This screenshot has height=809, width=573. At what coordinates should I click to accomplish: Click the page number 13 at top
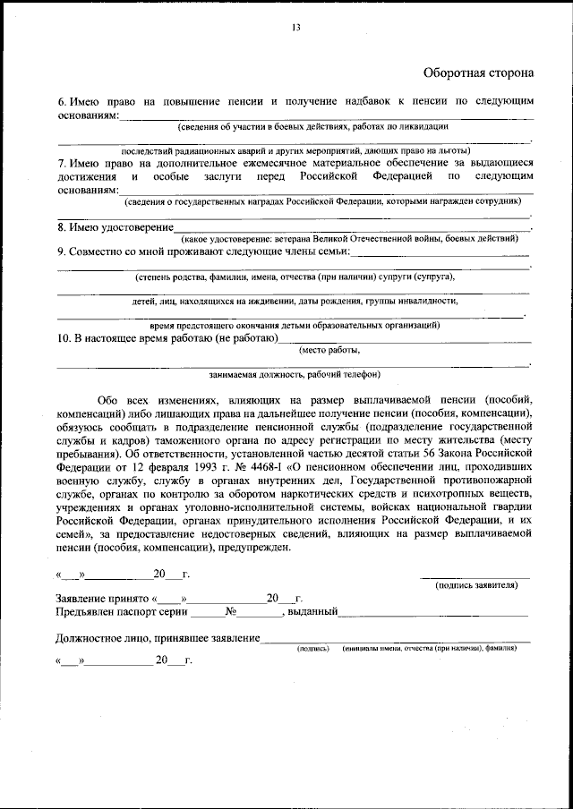point(295,28)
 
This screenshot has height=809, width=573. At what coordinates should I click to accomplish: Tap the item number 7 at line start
point(61,163)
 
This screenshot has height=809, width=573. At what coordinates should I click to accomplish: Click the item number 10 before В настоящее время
point(64,338)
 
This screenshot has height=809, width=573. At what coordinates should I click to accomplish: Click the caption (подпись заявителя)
point(475,584)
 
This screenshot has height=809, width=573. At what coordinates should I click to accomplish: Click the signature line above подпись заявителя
point(475,576)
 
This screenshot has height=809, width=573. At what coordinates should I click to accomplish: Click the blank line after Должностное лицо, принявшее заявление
point(394,638)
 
